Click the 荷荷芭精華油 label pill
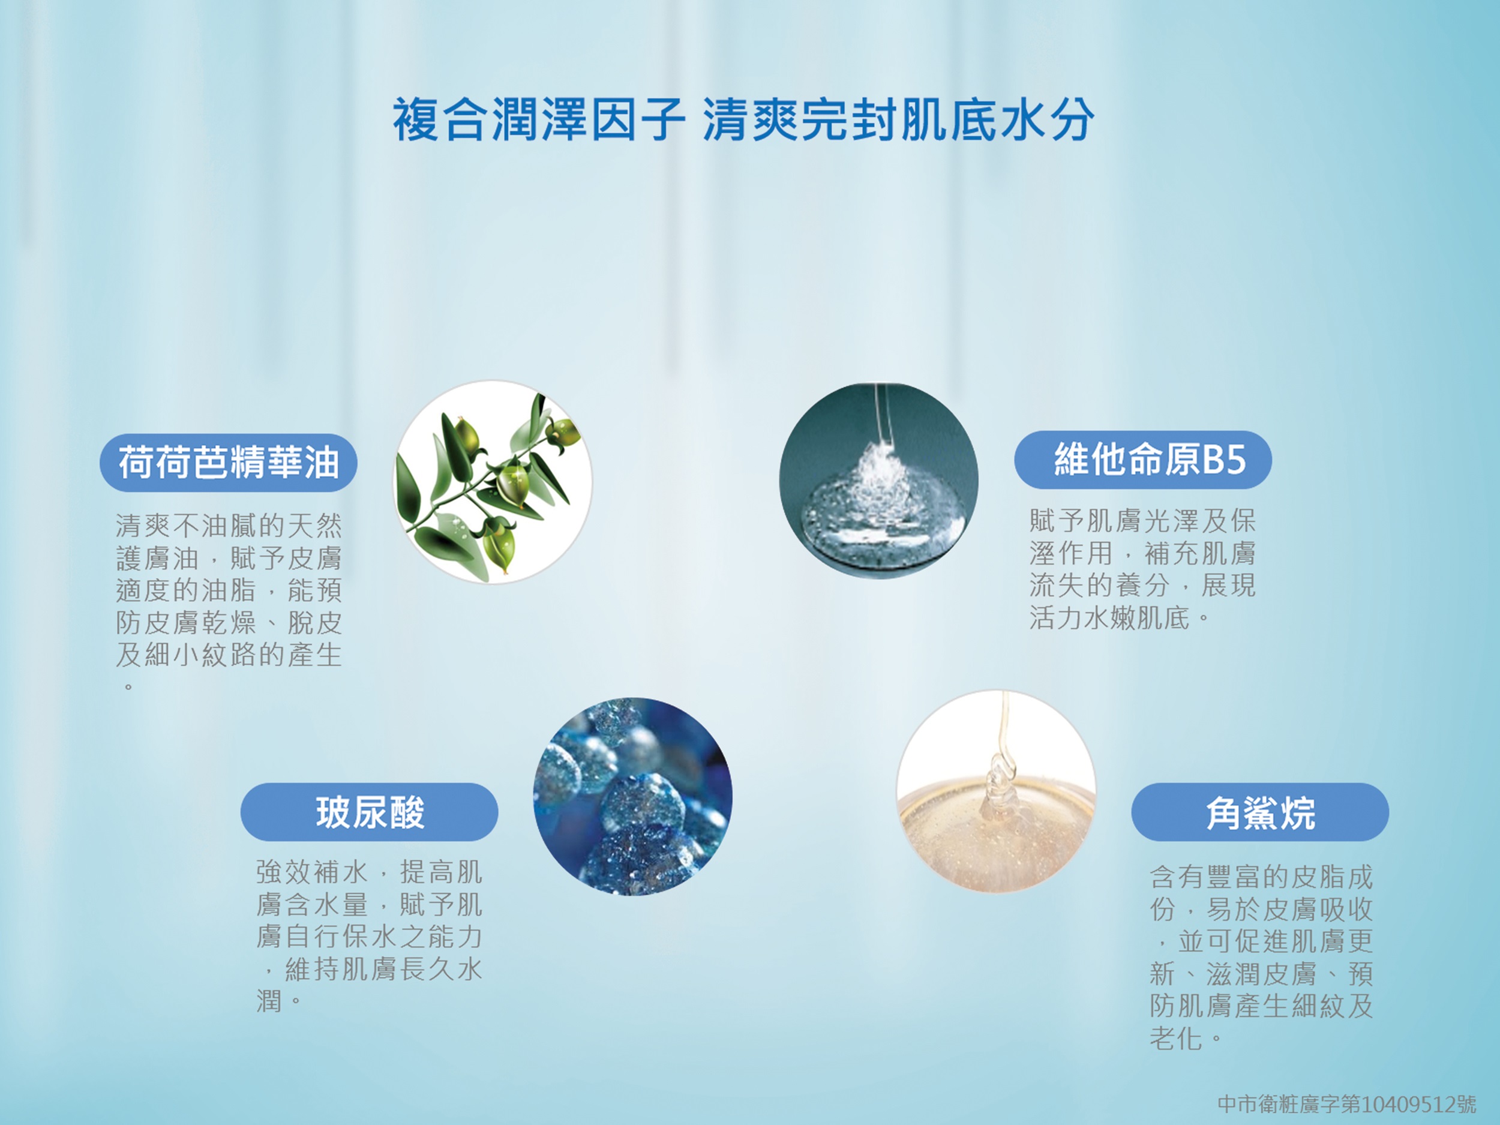(228, 463)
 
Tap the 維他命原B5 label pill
(1142, 460)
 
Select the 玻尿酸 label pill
(369, 812)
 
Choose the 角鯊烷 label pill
(1260, 812)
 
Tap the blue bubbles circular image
(632, 796)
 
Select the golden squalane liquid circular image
(996, 791)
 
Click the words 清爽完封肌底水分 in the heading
(899, 120)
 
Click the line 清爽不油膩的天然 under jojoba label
(229, 526)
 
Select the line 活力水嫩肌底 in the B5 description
(1109, 618)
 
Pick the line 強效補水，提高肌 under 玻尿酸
(370, 872)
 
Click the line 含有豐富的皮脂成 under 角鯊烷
(1261, 877)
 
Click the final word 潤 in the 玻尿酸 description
(269, 1000)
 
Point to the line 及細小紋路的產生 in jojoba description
(229, 655)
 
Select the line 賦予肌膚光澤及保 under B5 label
(1142, 521)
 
